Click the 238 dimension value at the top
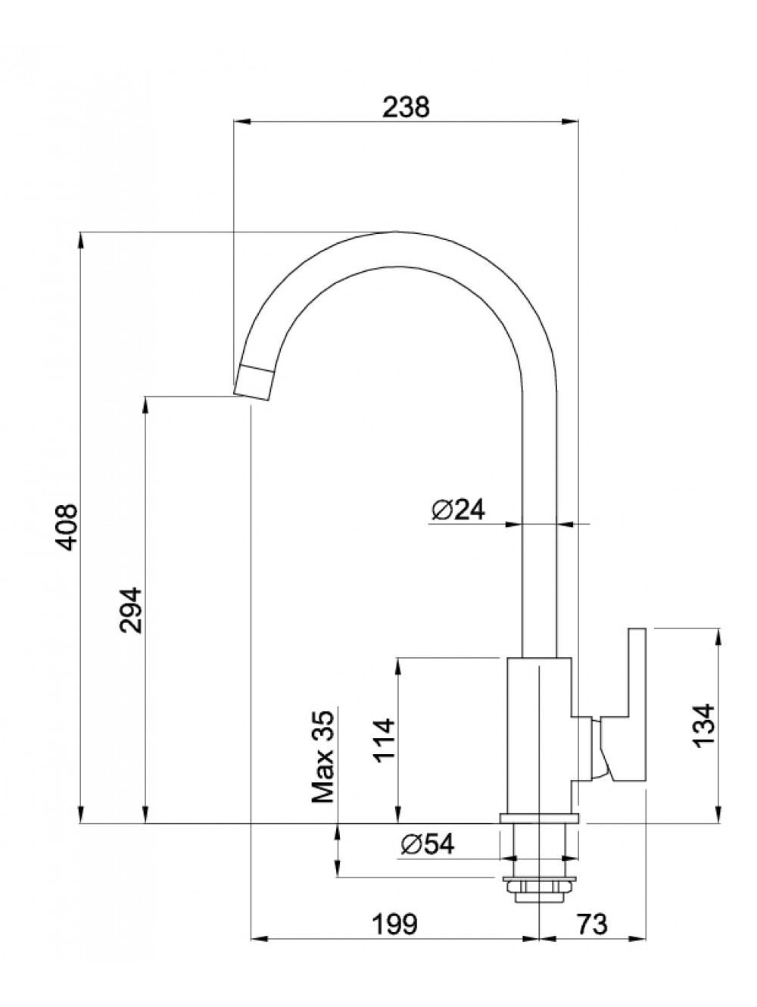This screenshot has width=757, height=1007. [407, 107]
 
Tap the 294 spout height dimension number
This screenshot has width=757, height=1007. [131, 610]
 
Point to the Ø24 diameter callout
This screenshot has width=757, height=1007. [458, 510]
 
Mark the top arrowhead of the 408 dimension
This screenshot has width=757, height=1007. [81, 241]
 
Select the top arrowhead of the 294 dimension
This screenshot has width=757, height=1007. [146, 405]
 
